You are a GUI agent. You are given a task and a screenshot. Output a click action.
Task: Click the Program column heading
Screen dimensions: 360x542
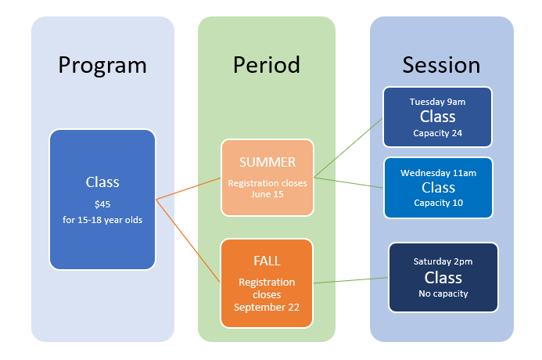coord(102,64)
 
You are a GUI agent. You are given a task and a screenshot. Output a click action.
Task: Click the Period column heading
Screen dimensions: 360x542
coord(267,64)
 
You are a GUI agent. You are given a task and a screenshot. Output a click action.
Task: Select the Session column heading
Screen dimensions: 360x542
coord(441,64)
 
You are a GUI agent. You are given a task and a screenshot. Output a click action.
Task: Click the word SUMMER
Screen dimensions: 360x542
coord(267,163)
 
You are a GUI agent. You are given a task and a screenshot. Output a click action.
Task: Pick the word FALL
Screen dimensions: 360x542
coord(267,261)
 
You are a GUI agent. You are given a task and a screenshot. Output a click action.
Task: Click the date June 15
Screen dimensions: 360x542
coord(267,195)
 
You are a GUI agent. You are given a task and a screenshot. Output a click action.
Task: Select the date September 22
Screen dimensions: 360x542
coord(267,308)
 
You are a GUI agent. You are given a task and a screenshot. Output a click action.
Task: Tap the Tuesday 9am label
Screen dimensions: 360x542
coord(437,102)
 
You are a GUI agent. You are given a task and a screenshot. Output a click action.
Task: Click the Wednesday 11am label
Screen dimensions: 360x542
coord(438,172)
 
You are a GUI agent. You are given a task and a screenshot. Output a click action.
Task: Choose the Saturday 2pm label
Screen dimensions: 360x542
coord(443,261)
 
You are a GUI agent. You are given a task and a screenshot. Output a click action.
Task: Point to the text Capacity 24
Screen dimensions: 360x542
coord(438,133)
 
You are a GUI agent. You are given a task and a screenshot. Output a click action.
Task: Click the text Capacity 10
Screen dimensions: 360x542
coord(438,203)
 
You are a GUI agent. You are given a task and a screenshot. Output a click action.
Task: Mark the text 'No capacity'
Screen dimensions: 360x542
coord(443,293)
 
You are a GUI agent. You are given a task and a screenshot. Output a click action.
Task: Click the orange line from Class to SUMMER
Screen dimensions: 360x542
coord(188,189)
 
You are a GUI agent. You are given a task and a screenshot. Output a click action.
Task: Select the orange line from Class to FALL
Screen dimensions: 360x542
coord(188,240)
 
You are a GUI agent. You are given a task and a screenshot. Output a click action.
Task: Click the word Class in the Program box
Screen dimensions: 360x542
coord(102,182)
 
